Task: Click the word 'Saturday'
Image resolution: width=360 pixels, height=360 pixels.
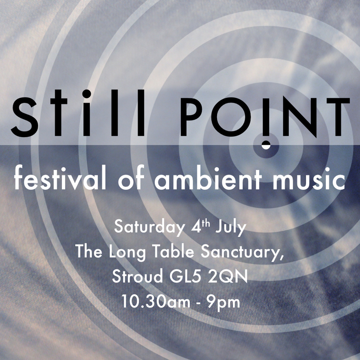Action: pos(145,227)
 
